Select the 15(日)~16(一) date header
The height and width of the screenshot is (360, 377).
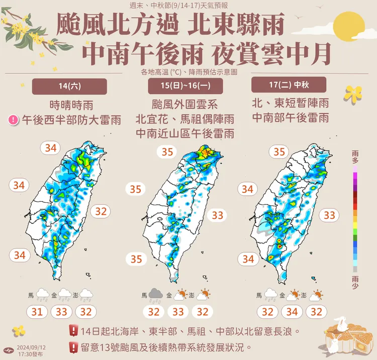[186, 86]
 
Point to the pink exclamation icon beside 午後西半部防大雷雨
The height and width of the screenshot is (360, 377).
[14, 120]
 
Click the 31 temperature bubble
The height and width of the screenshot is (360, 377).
[37, 312]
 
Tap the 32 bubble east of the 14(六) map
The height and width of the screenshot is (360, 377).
[101, 211]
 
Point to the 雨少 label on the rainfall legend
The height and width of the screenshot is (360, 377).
[355, 280]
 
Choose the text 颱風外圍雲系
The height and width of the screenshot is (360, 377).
[186, 106]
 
